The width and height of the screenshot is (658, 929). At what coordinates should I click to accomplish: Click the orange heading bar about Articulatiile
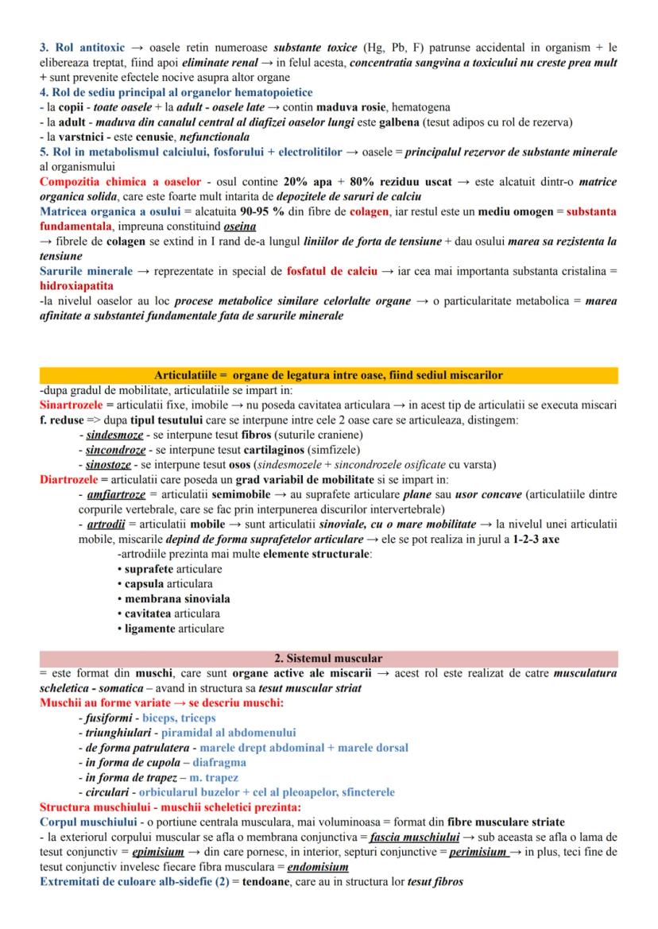(x=328, y=374)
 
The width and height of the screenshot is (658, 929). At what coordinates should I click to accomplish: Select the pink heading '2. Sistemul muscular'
(x=328, y=658)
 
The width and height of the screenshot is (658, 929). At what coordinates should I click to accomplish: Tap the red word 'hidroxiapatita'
(x=76, y=285)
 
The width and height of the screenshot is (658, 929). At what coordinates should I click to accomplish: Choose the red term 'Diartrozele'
(x=69, y=479)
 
